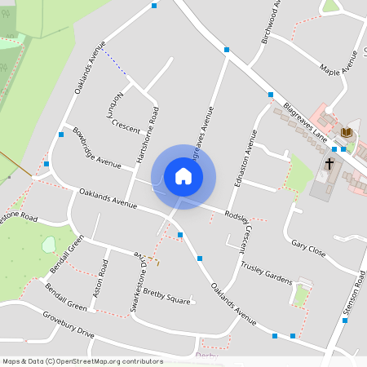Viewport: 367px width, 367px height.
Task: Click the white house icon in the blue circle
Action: (x=183, y=176)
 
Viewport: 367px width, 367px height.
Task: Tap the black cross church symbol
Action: (x=329, y=164)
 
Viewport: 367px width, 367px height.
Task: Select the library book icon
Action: (x=347, y=132)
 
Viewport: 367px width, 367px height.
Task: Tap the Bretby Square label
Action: (x=166, y=294)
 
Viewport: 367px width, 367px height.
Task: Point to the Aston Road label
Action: (x=99, y=278)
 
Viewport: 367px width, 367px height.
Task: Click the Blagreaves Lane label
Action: (x=305, y=121)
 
